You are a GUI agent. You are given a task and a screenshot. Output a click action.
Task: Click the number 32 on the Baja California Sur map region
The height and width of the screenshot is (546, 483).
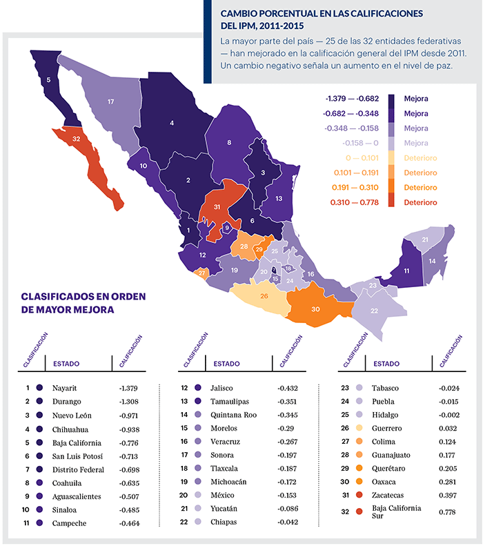click(x=77, y=139)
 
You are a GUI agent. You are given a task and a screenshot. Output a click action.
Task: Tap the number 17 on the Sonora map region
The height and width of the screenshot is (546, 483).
click(x=110, y=101)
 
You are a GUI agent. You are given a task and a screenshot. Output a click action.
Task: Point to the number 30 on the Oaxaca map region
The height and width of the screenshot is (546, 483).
click(x=317, y=309)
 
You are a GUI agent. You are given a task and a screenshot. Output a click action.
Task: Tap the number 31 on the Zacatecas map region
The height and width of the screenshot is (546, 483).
click(x=217, y=206)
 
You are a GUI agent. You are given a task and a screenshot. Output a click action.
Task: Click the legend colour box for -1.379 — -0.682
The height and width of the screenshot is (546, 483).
click(x=393, y=99)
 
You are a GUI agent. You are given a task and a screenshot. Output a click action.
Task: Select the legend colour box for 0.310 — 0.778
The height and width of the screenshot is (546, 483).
click(x=393, y=202)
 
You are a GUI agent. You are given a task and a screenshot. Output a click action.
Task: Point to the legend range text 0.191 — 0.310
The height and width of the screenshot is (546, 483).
click(x=355, y=188)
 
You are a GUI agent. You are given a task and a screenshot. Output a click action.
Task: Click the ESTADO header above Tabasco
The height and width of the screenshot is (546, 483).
click(x=386, y=363)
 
